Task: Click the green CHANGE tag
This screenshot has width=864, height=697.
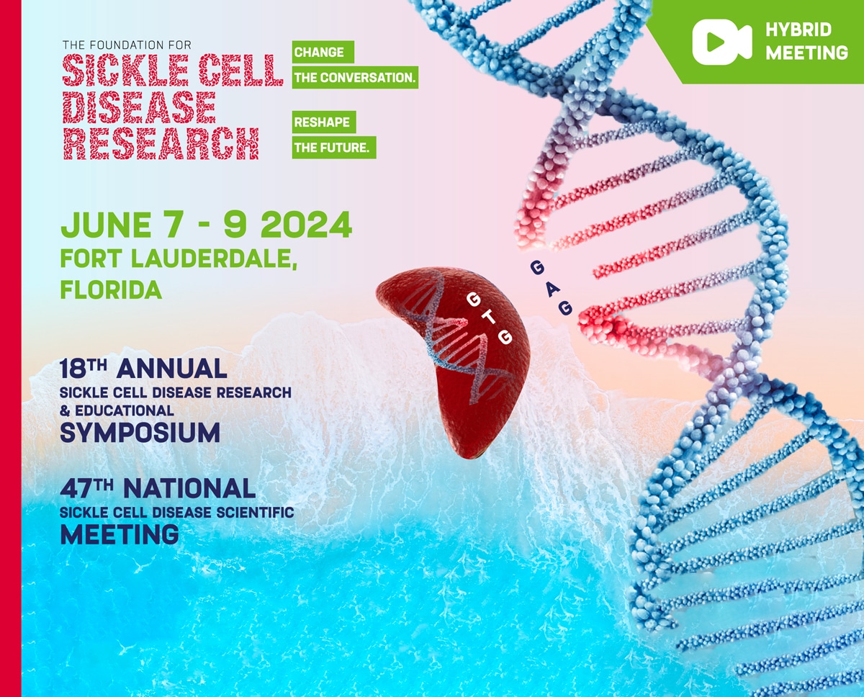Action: click(x=319, y=53)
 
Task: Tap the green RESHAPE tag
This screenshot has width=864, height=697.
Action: click(x=323, y=122)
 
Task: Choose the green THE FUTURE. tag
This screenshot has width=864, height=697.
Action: click(x=333, y=148)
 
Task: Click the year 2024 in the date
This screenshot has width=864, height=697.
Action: click(x=306, y=225)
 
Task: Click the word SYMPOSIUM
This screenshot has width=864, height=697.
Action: click(x=140, y=433)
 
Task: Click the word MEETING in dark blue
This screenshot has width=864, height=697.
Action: click(x=120, y=534)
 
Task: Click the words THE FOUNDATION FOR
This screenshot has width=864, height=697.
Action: click(x=127, y=45)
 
